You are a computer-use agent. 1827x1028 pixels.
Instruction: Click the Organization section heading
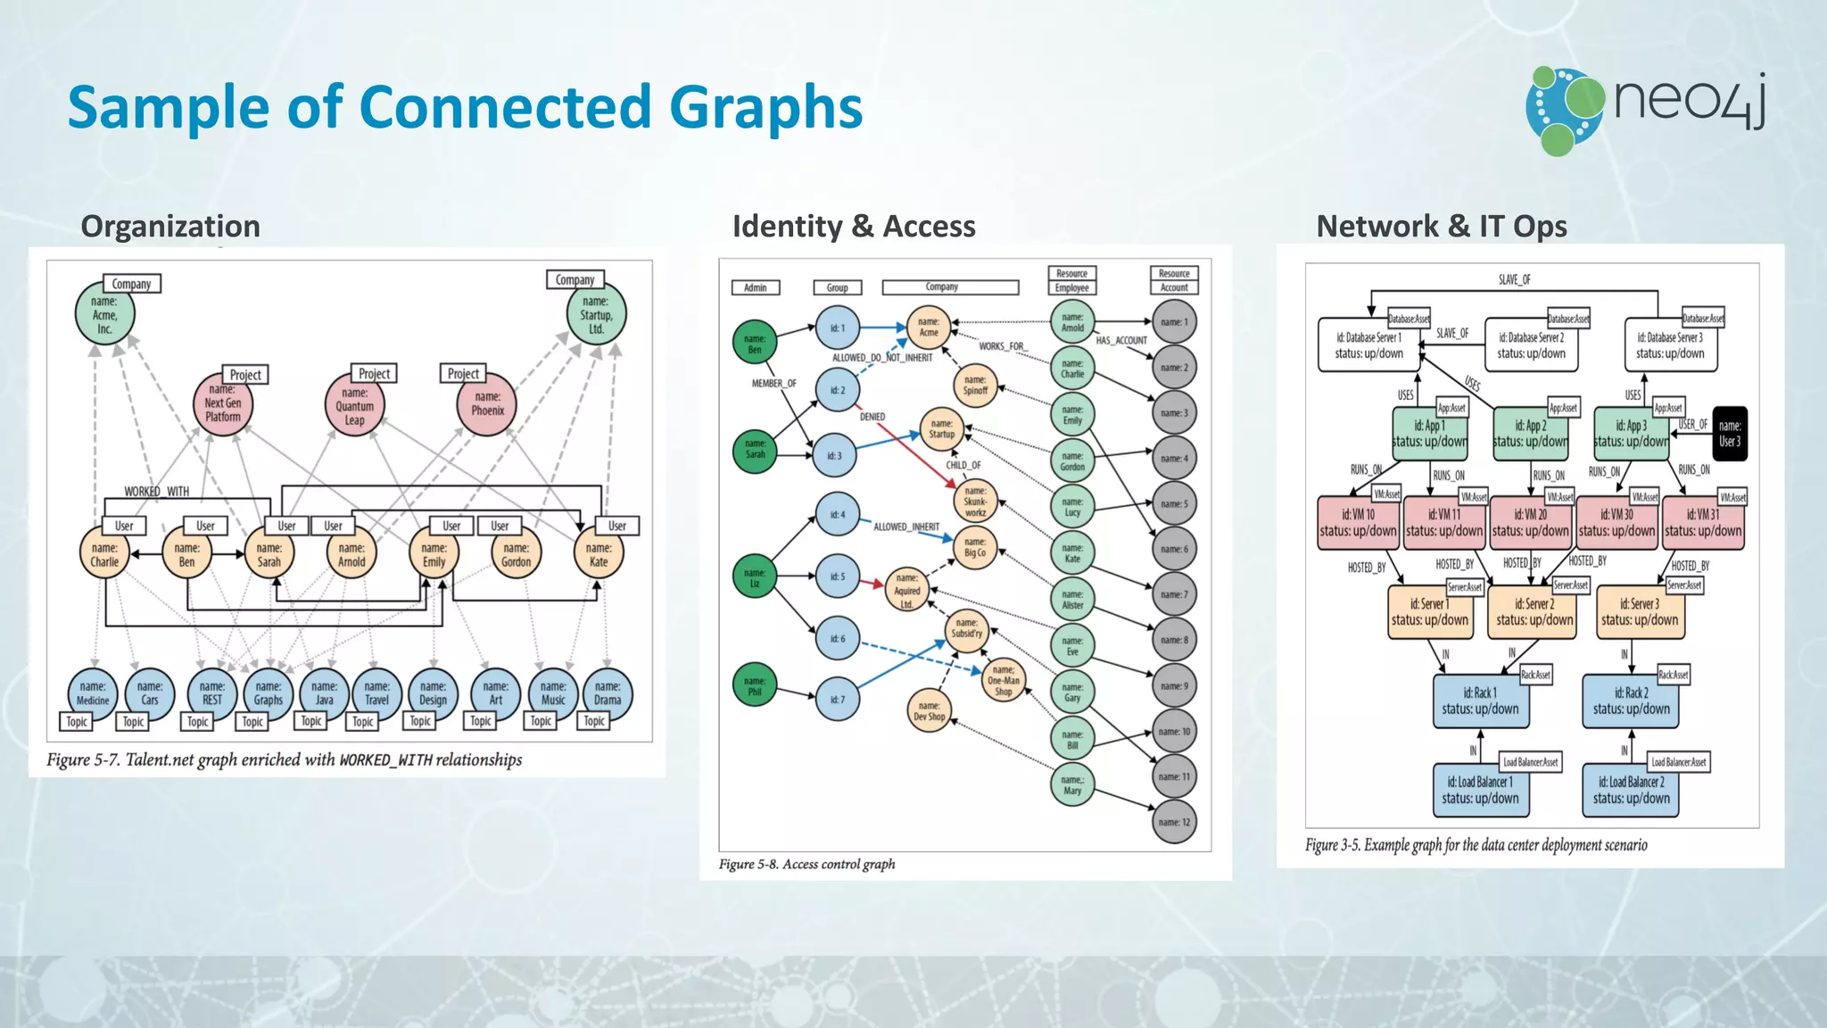coord(170,227)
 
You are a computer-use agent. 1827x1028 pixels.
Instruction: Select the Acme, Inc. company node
coord(104,315)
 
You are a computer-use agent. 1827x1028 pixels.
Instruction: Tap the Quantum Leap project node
coord(354,406)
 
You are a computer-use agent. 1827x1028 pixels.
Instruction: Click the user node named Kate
coord(599,554)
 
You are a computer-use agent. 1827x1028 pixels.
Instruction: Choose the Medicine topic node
coord(93,693)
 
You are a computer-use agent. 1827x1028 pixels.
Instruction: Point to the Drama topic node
coord(608,693)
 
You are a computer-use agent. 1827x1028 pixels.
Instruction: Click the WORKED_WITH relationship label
coord(156,492)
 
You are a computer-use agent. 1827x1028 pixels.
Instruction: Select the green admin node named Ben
coord(755,344)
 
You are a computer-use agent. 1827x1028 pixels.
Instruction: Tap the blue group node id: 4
coord(837,515)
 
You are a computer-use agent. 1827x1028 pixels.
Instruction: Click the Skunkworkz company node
coord(975,502)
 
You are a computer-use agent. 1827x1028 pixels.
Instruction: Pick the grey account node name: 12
coord(1174,822)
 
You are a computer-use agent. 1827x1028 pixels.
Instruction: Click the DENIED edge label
coord(872,417)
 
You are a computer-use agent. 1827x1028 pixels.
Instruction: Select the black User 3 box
coord(1729,434)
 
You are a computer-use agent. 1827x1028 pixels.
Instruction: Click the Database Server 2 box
coord(1531,346)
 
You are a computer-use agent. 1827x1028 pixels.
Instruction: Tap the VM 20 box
coord(1530,523)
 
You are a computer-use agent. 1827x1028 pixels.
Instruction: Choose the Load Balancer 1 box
coord(1480,790)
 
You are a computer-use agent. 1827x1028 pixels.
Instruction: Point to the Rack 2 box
coord(1631,701)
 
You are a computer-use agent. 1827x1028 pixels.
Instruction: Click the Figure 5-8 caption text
coord(806,864)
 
